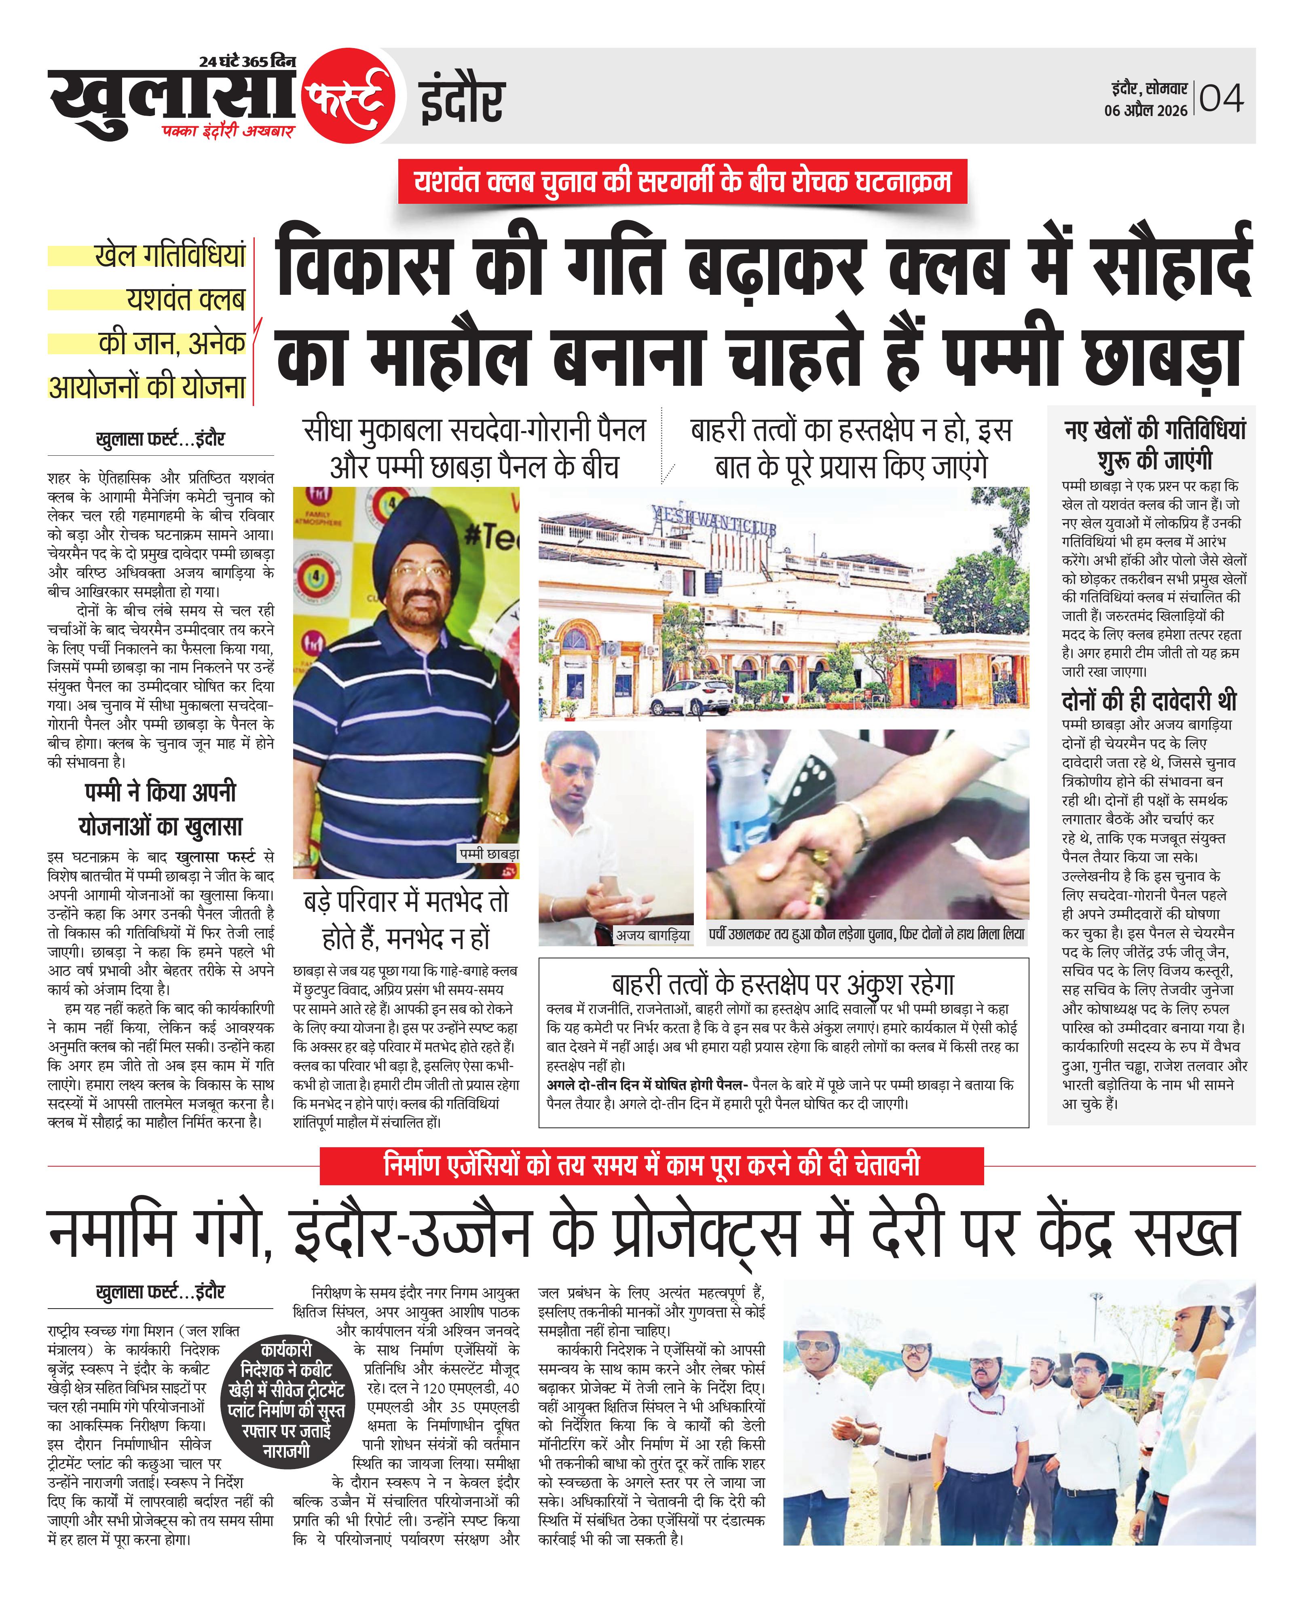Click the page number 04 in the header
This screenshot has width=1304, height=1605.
[1222, 98]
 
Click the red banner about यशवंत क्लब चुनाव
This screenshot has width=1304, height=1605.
[682, 182]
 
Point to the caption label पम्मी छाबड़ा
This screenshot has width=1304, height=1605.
[489, 854]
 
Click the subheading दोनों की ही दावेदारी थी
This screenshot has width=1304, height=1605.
[1148, 701]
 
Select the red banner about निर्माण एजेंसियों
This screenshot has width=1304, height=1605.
[651, 1165]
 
